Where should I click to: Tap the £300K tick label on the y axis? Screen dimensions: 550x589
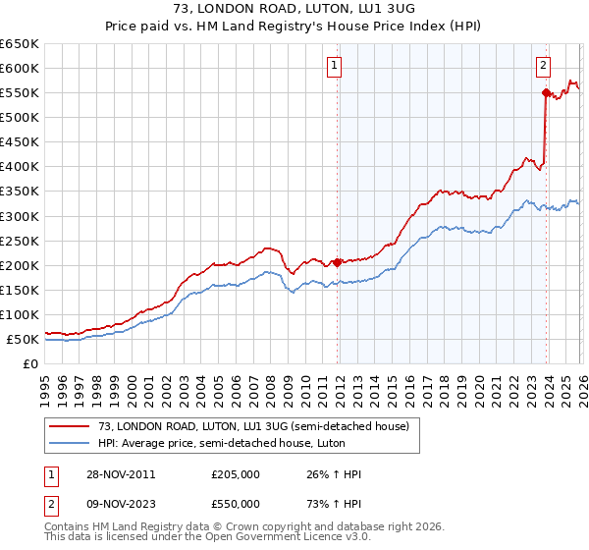pyautogui.click(x=20, y=216)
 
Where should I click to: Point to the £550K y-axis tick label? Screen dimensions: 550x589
pyautogui.click(x=20, y=92)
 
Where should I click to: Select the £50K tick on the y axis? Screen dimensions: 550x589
pyautogui.click(x=23, y=339)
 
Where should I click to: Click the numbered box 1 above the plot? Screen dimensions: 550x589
pyautogui.click(x=335, y=66)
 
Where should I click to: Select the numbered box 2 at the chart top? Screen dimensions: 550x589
pyautogui.click(x=543, y=66)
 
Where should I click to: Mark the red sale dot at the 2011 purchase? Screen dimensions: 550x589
pyautogui.click(x=337, y=262)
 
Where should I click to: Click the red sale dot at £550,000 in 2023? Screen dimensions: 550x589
pyautogui.click(x=545, y=92)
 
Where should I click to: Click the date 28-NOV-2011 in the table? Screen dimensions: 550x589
pyautogui.click(x=119, y=474)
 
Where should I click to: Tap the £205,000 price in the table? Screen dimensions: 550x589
pyautogui.click(x=236, y=474)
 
